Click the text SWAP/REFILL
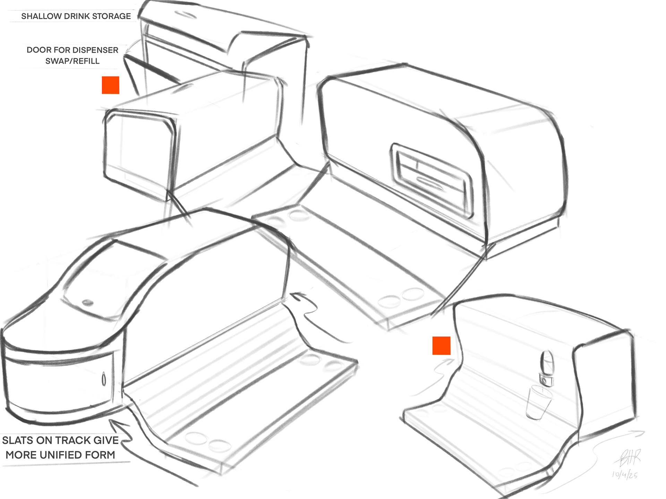pyautogui.click(x=72, y=61)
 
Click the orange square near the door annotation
pyautogui.click(x=110, y=85)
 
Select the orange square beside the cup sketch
pyautogui.click(x=441, y=346)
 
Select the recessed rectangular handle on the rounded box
pyautogui.click(x=432, y=180)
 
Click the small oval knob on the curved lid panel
pyautogui.click(x=87, y=302)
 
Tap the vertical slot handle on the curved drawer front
pyautogui.click(x=103, y=380)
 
